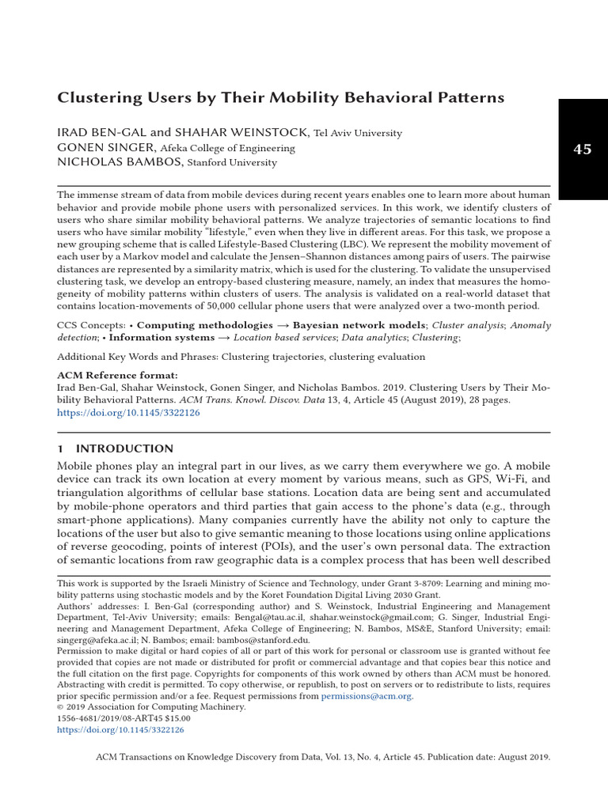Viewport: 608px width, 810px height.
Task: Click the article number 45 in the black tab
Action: [x=582, y=150]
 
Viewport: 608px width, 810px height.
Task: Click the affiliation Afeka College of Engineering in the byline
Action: [x=228, y=148]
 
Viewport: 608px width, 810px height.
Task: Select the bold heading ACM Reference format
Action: [x=118, y=375]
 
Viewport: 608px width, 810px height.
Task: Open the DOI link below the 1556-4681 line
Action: [x=120, y=730]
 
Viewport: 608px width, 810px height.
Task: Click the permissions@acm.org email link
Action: [x=367, y=696]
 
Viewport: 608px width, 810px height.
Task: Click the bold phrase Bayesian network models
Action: [x=360, y=325]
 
